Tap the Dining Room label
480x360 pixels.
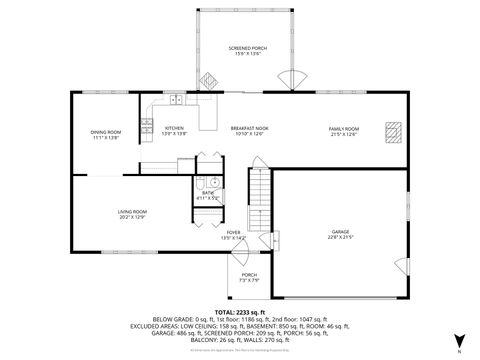click(106, 135)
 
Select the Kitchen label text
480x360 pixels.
click(174, 130)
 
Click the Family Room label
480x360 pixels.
click(344, 130)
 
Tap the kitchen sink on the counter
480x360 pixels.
click(176, 99)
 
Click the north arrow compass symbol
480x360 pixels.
click(459, 340)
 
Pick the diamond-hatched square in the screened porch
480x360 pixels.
click(210, 81)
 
